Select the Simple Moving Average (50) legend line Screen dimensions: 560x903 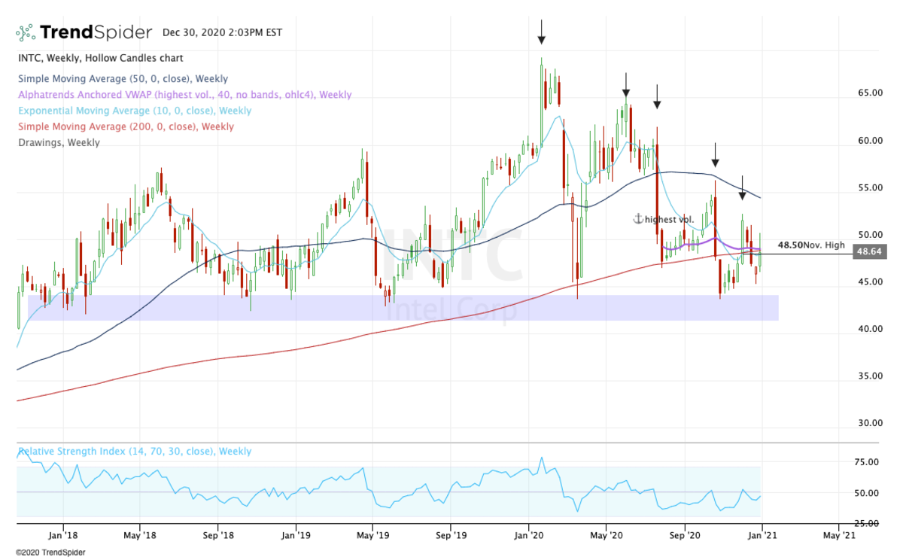[x=123, y=78]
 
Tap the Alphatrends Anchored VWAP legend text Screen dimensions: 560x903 [x=184, y=95]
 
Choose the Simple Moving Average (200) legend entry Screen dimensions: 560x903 [x=126, y=126]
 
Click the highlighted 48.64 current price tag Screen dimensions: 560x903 [x=869, y=252]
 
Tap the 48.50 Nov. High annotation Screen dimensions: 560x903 [x=811, y=245]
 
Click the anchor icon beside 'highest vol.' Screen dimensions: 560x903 [x=637, y=219]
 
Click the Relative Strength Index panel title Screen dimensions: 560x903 [x=135, y=452]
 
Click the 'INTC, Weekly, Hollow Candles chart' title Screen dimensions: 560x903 [x=100, y=58]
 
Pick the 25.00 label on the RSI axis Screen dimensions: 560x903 [x=868, y=524]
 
